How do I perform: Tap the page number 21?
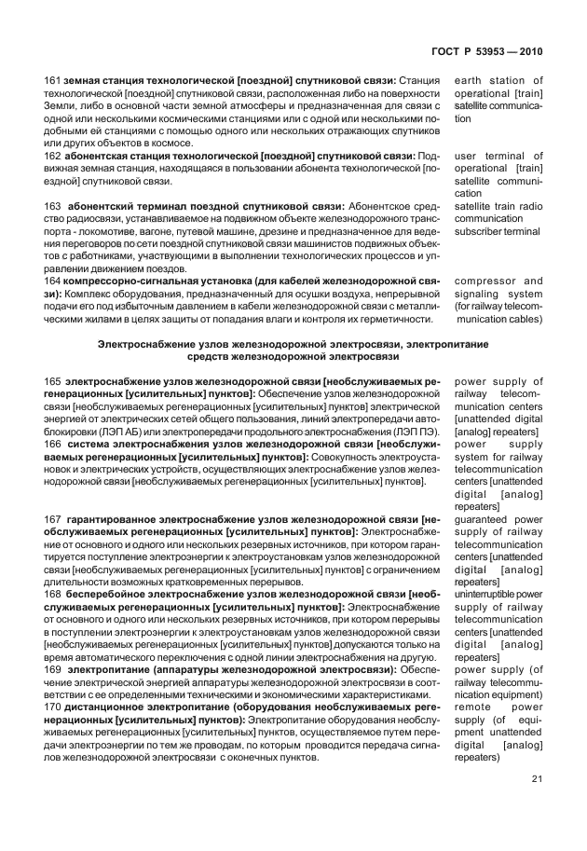[536, 779]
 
